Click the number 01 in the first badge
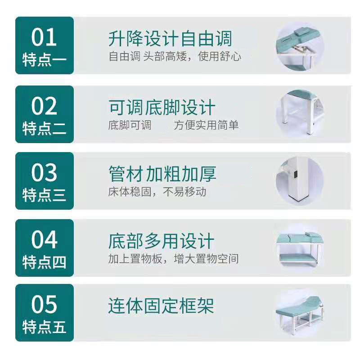[x=44, y=37]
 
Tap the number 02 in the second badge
[x=44, y=106]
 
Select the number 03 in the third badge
[x=44, y=172]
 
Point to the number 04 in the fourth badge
[x=44, y=239]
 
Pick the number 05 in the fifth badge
[x=44, y=304]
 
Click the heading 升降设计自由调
[x=170, y=39]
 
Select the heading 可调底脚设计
[x=162, y=107]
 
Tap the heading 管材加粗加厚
[x=162, y=174]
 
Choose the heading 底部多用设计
[x=161, y=241]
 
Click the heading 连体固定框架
[x=161, y=306]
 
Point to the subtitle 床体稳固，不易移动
[x=157, y=192]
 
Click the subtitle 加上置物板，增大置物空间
[x=173, y=259]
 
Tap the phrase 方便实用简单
[x=206, y=125]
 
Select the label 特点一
[x=44, y=60]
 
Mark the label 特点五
[x=44, y=327]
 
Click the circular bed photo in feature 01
[x=300, y=47]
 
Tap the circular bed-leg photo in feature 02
[x=300, y=113]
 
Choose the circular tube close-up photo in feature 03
[x=300, y=180]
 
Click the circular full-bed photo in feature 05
[x=300, y=313]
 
